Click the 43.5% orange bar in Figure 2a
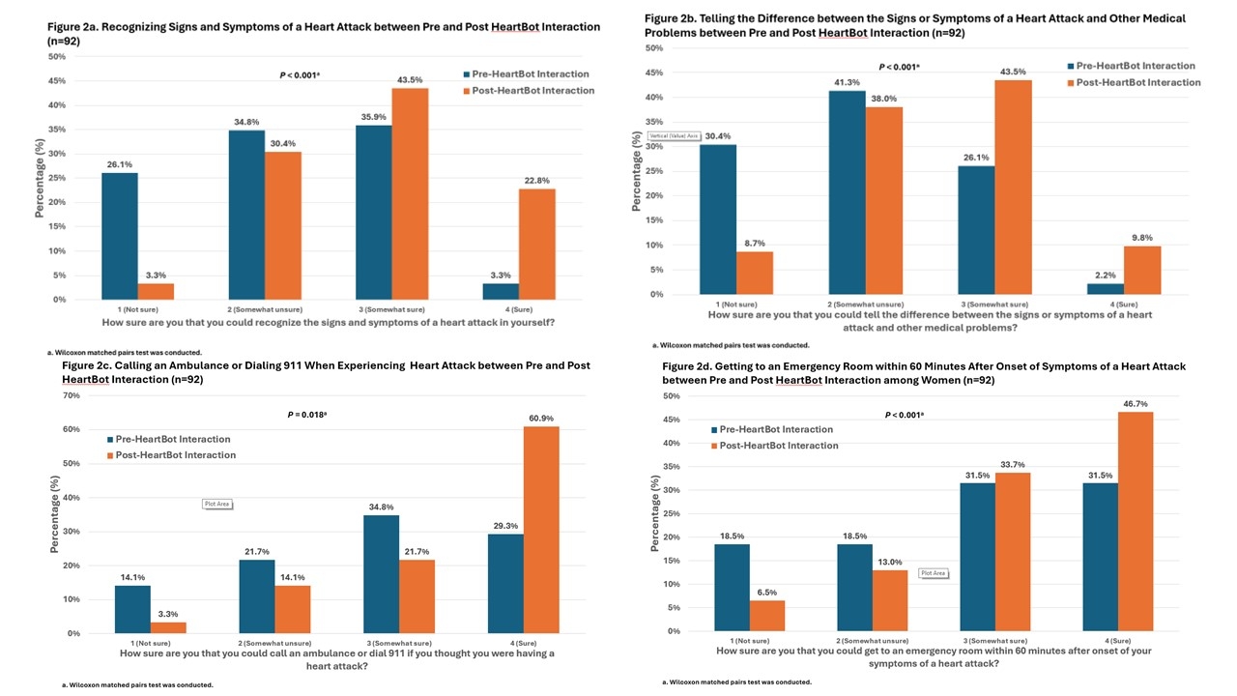coord(410,193)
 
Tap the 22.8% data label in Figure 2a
coord(536,180)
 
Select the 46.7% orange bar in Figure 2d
coord(1136,522)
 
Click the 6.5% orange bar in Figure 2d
coord(768,616)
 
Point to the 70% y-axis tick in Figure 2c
coord(72,395)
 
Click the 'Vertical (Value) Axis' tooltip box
coord(674,136)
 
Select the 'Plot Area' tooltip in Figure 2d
coord(933,573)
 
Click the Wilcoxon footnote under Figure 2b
coord(731,345)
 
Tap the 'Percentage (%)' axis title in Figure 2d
coord(656,513)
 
